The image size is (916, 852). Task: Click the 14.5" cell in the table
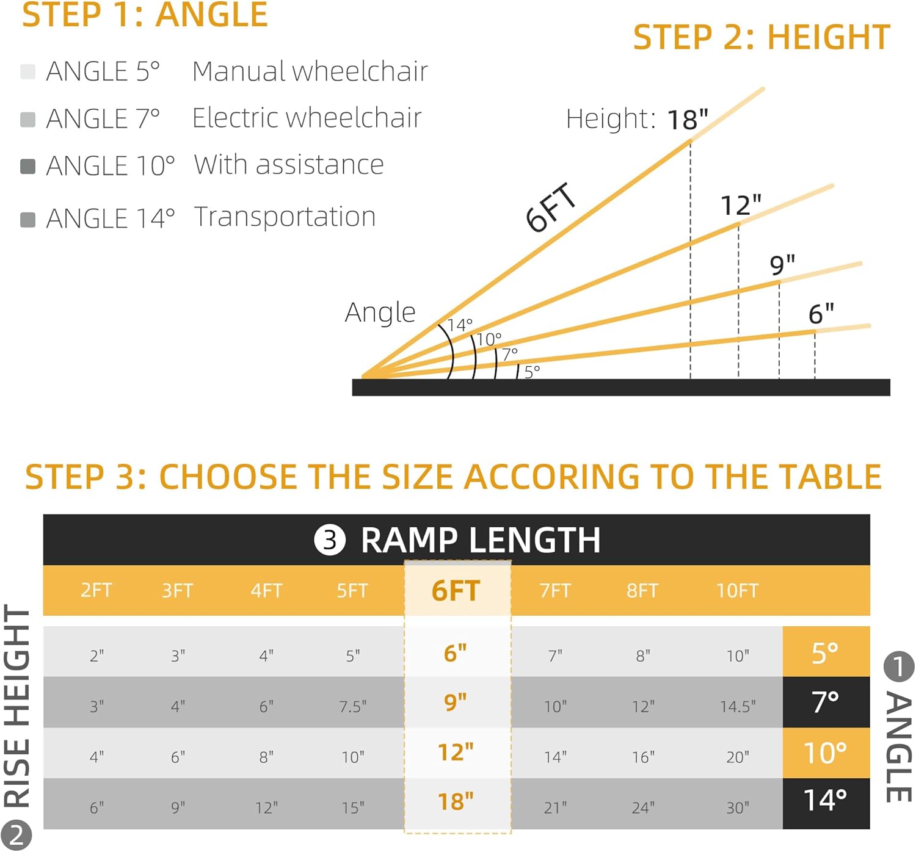point(738,706)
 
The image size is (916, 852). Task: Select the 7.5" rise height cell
point(353,706)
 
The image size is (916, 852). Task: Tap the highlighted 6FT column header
point(456,590)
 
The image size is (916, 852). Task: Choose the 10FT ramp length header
point(737,590)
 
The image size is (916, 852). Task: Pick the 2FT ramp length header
point(96,590)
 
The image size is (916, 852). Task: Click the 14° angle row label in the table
point(825,800)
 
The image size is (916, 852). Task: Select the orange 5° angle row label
point(825,652)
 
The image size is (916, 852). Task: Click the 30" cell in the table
point(738,807)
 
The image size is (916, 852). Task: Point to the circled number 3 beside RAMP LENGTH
point(330,540)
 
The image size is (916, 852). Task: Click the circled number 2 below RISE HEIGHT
point(16,836)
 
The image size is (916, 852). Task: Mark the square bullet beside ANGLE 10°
point(28,166)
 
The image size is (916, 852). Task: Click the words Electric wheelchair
point(307,118)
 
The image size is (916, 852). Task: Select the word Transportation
point(285,217)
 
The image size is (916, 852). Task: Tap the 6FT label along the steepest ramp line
point(551,208)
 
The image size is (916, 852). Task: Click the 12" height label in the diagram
point(741,205)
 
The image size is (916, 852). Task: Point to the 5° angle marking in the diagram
point(532,370)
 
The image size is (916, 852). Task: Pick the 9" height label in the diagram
point(782,265)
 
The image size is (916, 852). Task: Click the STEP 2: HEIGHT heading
point(762,38)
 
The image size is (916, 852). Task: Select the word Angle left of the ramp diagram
point(380,312)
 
